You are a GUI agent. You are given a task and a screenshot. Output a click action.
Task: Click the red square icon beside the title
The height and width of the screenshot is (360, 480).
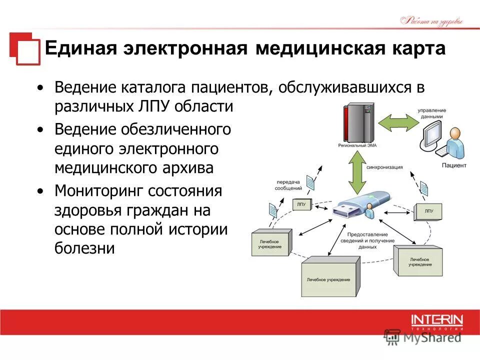click(x=24, y=49)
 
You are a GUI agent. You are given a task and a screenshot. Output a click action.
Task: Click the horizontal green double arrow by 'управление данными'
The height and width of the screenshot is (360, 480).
click(x=397, y=122)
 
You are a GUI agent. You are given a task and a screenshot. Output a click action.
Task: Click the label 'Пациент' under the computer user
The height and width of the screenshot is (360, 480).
click(x=454, y=165)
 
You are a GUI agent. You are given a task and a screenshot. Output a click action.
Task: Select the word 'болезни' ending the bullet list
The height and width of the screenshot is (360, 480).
click(x=84, y=248)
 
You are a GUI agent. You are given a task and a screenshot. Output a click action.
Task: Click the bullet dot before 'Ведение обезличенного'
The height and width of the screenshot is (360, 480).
click(x=40, y=129)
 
